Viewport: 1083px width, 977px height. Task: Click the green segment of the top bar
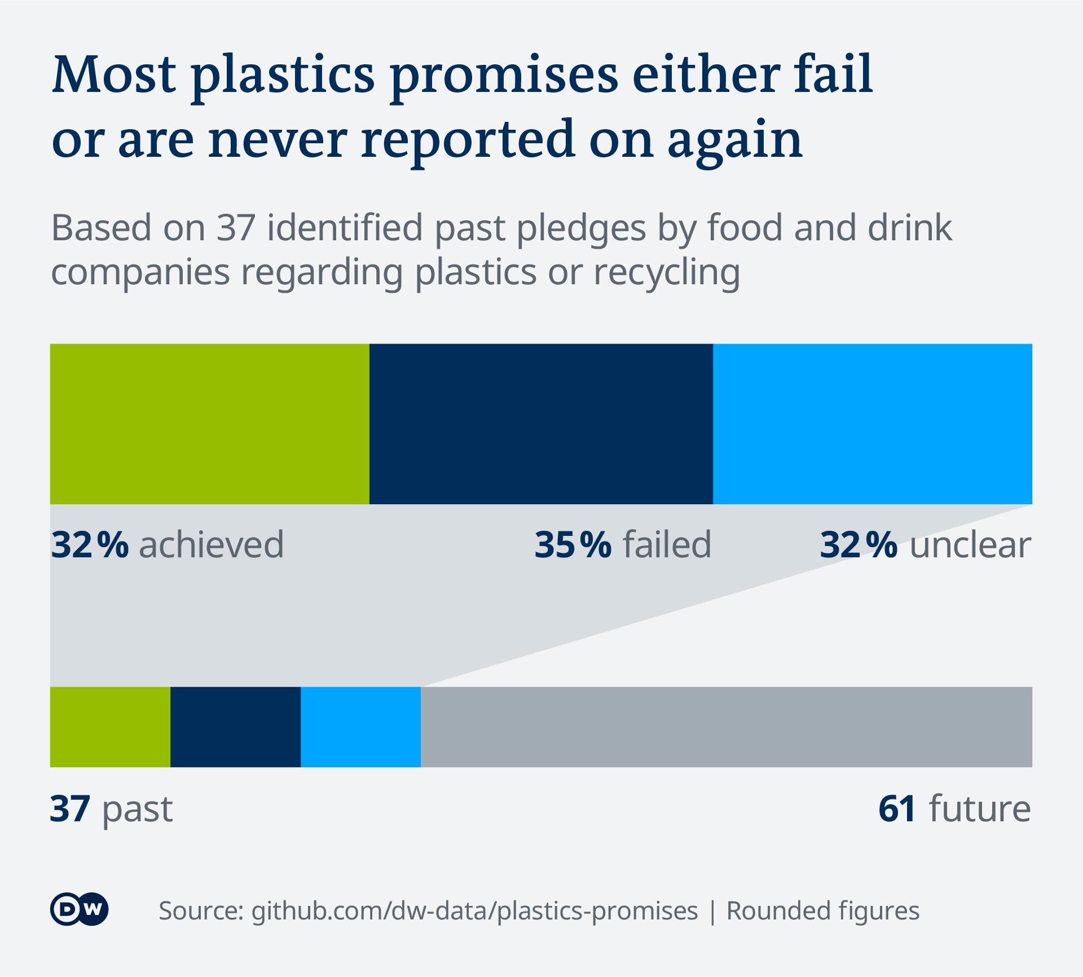pos(209,424)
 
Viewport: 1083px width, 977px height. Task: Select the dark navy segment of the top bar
pos(541,424)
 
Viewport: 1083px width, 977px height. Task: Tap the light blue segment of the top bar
pos(872,424)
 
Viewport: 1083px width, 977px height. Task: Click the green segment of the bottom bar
pos(110,727)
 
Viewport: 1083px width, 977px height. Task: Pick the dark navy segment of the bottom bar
pos(235,727)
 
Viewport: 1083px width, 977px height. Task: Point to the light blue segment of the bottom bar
pos(360,727)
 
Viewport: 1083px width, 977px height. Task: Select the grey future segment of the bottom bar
pos(726,727)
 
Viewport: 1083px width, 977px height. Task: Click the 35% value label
pos(573,545)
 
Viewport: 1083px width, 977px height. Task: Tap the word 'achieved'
pos(212,545)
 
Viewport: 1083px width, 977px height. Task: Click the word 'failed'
pos(667,545)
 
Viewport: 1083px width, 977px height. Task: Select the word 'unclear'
pos(970,545)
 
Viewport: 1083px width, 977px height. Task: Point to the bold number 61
pos(897,809)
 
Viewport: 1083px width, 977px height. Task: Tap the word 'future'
pos(980,809)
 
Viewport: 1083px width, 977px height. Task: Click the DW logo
pos(80,909)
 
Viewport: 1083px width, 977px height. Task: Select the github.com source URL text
pos(474,911)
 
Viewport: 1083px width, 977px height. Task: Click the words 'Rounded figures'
pos(822,911)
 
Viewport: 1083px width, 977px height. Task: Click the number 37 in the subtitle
pos(236,228)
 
